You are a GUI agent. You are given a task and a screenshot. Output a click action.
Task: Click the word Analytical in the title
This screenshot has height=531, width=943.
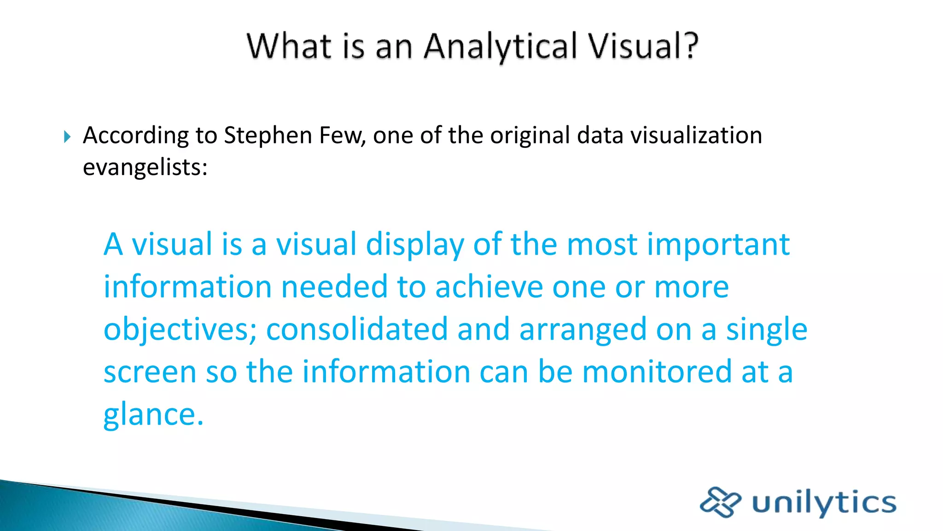pos(500,47)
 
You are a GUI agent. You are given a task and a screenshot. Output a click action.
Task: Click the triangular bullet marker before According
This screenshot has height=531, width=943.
pos(67,136)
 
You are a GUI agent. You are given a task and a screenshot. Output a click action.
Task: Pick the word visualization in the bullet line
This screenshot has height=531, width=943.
pos(696,136)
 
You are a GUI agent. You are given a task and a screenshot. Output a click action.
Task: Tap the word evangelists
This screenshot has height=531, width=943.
pos(145,167)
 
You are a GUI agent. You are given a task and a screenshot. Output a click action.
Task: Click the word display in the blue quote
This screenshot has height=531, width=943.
pos(415,245)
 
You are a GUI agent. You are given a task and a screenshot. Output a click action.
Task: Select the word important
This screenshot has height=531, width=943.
pos(718,245)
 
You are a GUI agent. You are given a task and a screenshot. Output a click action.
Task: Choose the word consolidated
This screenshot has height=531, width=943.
pos(357,329)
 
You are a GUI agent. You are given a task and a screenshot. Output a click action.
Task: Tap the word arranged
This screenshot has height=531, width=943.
pos(583,330)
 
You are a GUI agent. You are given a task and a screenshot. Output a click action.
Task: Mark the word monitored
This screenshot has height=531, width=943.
pos(657,372)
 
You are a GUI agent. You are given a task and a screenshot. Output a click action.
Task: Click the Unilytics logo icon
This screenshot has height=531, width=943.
pos(720,501)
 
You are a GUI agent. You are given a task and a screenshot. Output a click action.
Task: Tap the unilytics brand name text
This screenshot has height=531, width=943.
pos(824,502)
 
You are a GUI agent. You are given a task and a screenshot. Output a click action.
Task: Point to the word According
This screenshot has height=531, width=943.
pos(136,136)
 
